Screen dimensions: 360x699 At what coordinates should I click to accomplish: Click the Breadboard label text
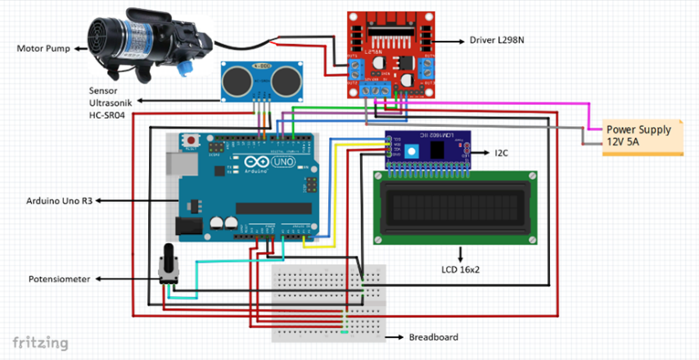pos(433,337)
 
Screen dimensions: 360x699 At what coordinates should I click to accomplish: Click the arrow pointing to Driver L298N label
pos(452,39)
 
